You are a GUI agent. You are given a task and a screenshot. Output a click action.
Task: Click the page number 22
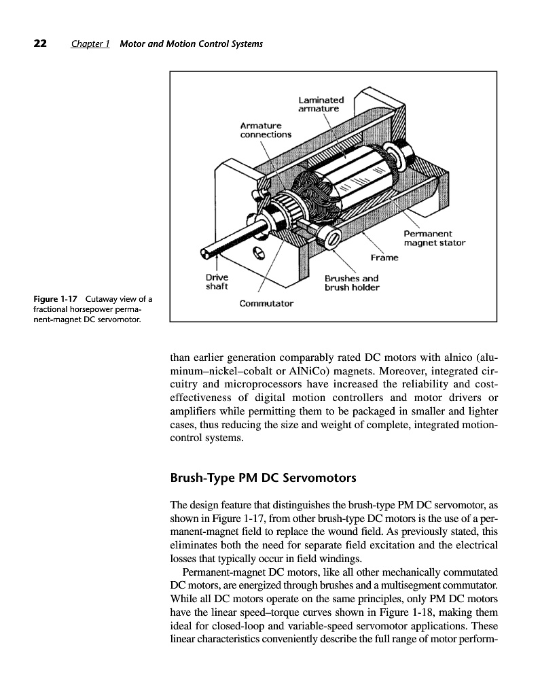click(x=40, y=44)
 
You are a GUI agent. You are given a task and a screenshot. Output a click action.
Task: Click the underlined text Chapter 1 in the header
click(x=90, y=45)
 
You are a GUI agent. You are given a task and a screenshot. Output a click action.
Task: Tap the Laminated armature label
click(x=321, y=103)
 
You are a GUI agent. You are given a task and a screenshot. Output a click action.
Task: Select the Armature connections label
click(x=266, y=129)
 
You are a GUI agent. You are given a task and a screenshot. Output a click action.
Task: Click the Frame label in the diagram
click(x=384, y=258)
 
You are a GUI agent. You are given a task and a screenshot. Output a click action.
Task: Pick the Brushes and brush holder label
click(x=351, y=283)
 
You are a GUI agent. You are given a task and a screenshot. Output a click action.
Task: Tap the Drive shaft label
click(x=217, y=281)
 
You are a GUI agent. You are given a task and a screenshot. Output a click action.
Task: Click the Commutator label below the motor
click(x=266, y=303)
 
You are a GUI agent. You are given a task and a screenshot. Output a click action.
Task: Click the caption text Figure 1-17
click(x=58, y=300)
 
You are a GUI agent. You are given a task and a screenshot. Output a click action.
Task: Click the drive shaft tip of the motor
click(x=204, y=254)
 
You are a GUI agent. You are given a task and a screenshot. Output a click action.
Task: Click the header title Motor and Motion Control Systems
click(x=191, y=45)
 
